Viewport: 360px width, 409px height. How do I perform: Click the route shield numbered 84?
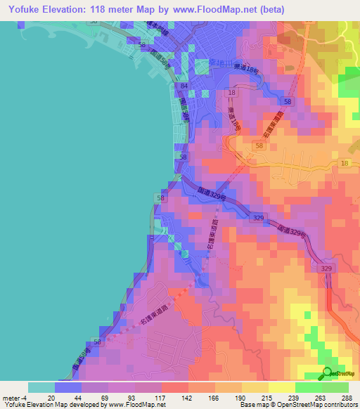(x=184, y=86)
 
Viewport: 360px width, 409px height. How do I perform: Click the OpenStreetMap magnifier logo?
(x=327, y=374)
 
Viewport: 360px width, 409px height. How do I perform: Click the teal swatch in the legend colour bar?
(x=41, y=387)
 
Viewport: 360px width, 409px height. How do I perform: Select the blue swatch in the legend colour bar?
(x=68, y=387)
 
